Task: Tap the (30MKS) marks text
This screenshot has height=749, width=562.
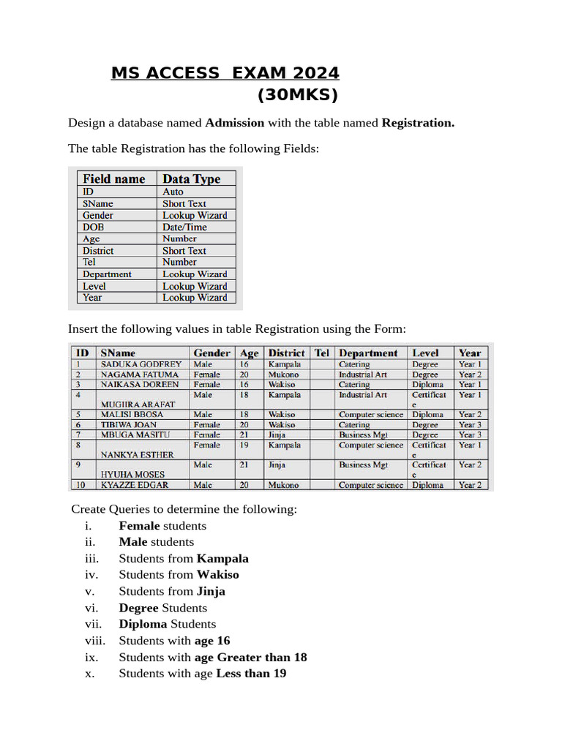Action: tap(298, 96)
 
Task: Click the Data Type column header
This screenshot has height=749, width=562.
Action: tap(191, 179)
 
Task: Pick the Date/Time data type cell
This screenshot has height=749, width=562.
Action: tap(184, 227)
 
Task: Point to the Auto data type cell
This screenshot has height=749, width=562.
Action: tap(173, 192)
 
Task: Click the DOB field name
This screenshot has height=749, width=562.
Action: tap(93, 227)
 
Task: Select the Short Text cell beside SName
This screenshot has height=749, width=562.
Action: tap(184, 204)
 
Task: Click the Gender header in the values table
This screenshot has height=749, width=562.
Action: tap(211, 353)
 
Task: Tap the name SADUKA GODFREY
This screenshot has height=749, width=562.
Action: tap(140, 364)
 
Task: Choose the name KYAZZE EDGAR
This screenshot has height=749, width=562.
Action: tap(136, 485)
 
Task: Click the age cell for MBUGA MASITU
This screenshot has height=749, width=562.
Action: tap(244, 434)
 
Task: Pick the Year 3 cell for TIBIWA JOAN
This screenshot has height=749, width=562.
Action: tap(470, 424)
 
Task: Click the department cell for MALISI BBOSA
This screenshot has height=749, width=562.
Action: tap(370, 415)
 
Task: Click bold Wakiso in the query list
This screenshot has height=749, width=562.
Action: tap(218, 575)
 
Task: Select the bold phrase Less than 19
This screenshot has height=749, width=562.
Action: tap(251, 674)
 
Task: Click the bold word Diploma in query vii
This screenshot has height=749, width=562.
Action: tap(143, 624)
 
